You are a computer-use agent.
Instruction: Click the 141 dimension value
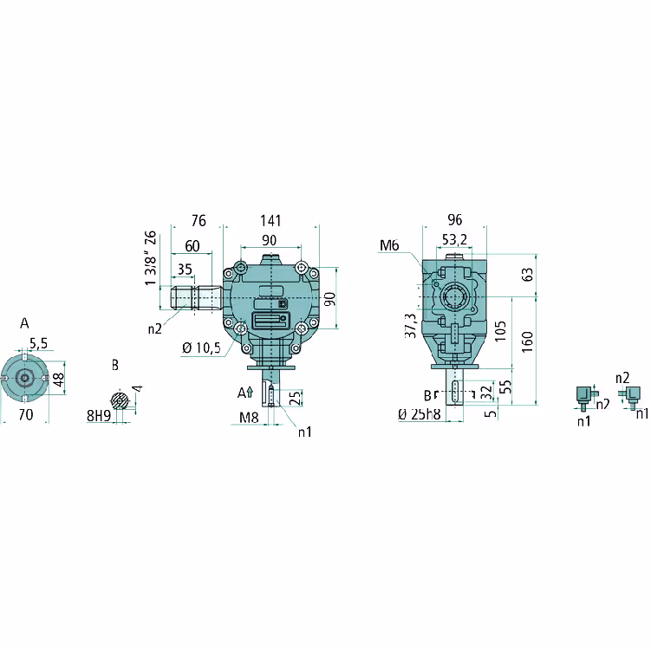tap(270, 220)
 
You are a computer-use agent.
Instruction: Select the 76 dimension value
tap(199, 220)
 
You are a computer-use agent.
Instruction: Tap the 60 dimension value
tap(192, 246)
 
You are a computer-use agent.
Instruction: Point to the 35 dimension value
tap(185, 270)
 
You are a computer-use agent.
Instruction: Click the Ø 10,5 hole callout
tap(201, 348)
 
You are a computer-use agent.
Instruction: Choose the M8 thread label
tap(249, 417)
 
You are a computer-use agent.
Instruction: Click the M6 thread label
tap(389, 246)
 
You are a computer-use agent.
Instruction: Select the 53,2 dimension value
tap(454, 239)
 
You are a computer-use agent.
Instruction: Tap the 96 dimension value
tap(454, 219)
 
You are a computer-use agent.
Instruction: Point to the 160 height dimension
tap(527, 342)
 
